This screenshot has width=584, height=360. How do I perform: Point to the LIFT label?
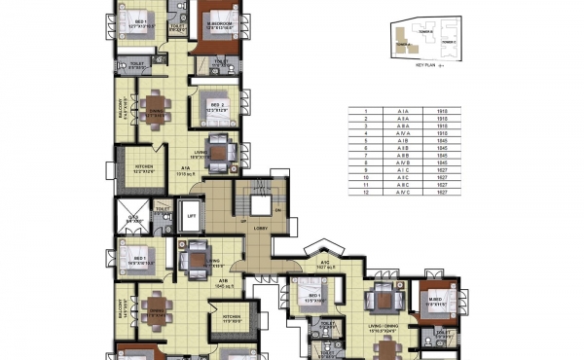[192, 216]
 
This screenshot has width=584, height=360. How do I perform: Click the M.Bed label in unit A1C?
[429, 299]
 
